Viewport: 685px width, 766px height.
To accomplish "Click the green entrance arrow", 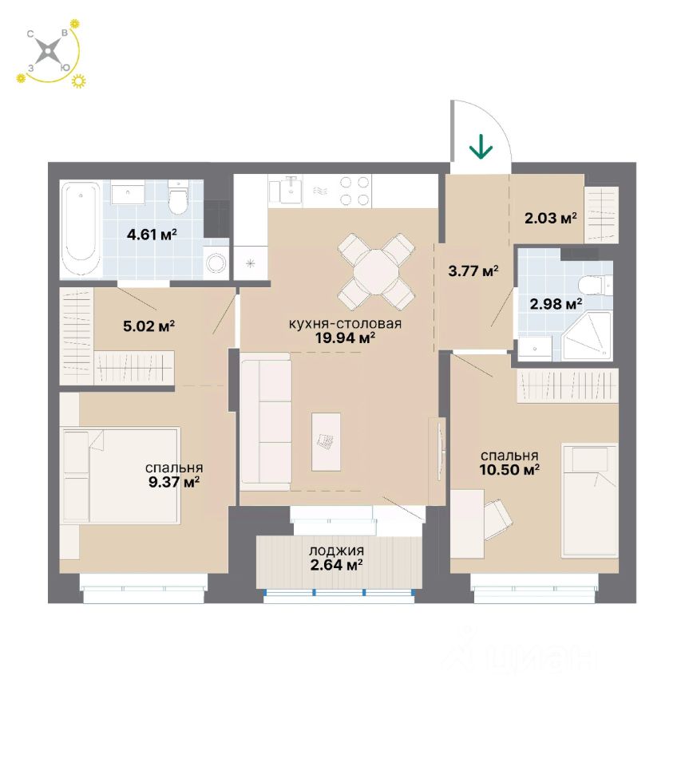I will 481,147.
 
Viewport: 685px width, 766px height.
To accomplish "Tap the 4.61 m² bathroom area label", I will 152,235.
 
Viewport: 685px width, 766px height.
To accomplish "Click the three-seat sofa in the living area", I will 264,422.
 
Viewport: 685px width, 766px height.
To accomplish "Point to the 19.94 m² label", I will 346,338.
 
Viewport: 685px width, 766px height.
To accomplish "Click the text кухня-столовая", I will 345,324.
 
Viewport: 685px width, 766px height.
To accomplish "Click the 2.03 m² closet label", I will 551,217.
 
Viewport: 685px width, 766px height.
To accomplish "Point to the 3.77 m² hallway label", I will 473,270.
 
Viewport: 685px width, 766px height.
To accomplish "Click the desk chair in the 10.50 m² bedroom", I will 497,517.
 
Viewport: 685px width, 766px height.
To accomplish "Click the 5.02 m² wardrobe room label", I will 150,326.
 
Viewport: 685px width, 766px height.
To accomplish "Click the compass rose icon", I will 49,52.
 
